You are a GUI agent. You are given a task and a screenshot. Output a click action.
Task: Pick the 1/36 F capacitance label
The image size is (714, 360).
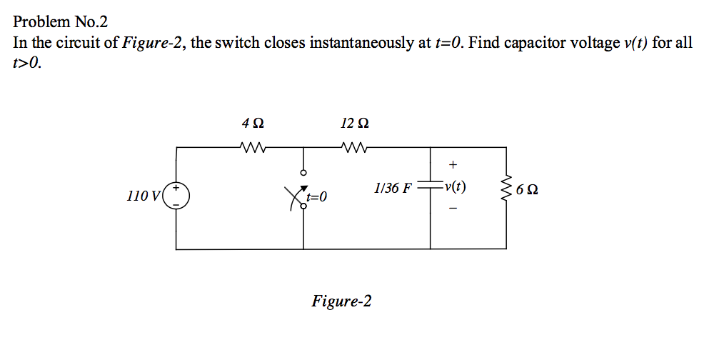(x=393, y=189)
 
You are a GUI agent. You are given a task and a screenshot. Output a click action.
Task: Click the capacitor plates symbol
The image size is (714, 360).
(x=430, y=189)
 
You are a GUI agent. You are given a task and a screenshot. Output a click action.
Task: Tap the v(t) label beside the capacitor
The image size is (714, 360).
(x=455, y=188)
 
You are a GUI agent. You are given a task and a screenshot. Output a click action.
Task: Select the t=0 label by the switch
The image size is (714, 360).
(x=316, y=196)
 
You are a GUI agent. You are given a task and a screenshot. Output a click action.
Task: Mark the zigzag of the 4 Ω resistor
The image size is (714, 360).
(x=254, y=148)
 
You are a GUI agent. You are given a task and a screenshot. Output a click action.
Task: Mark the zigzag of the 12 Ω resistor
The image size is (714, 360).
(x=355, y=148)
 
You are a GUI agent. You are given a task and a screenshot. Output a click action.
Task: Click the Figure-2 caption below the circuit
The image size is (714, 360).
(x=341, y=301)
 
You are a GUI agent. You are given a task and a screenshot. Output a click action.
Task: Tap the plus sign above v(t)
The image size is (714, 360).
(x=452, y=167)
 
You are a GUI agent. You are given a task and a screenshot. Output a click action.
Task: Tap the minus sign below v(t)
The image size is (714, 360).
(x=452, y=209)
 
